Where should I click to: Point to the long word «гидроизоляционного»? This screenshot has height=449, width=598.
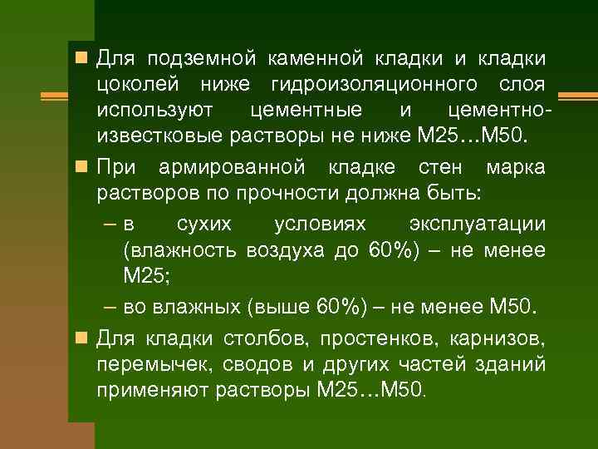click(374, 84)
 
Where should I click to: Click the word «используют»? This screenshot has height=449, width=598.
click(154, 110)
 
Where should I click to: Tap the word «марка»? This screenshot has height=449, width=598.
click(516, 167)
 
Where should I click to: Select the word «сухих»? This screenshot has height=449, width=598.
click(205, 224)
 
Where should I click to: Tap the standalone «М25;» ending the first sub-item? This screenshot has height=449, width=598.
click(145, 275)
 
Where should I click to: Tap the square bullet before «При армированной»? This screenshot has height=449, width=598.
click(81, 167)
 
